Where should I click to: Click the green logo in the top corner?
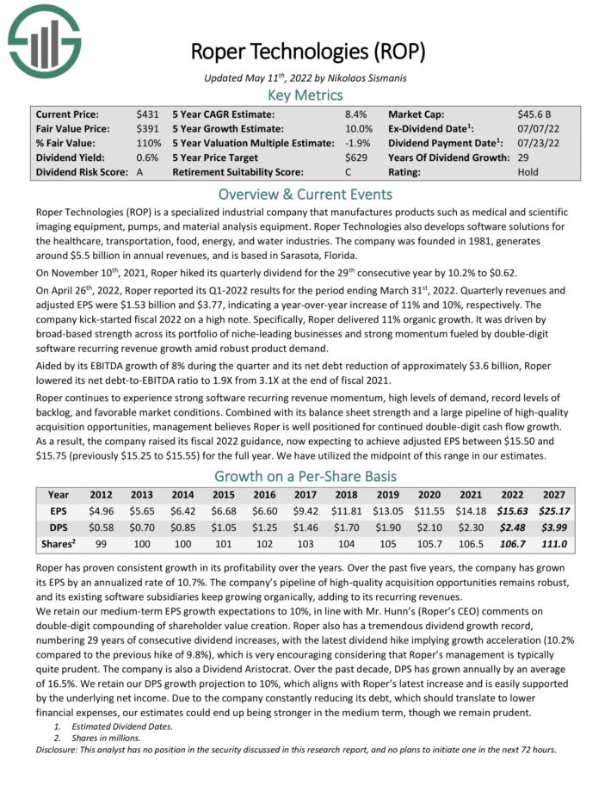point(43,40)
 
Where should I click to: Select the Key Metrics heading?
point(305,95)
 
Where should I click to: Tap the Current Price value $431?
point(147,114)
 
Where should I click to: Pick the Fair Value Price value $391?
point(147,128)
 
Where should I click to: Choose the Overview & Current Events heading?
point(305,194)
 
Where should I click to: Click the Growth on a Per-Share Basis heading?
point(305,475)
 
